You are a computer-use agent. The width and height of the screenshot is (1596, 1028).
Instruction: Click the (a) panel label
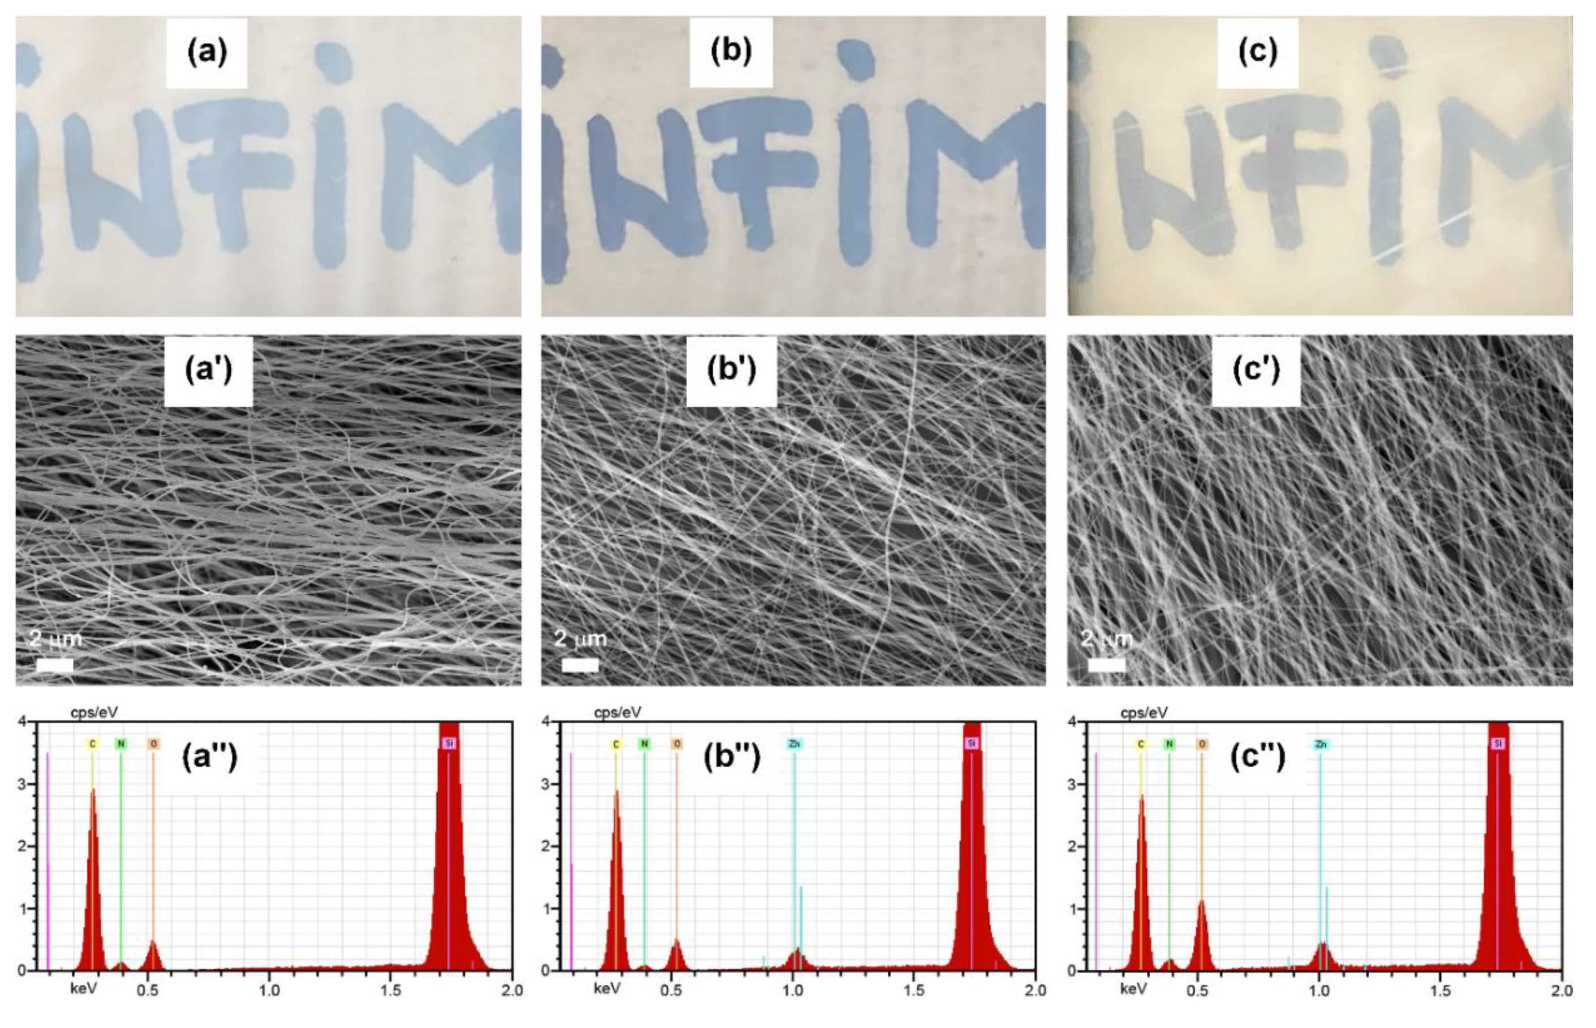click(x=207, y=52)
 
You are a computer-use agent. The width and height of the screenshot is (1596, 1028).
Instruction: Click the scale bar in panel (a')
click(x=55, y=665)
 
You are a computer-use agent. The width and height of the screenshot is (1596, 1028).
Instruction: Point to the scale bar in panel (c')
click(x=1106, y=665)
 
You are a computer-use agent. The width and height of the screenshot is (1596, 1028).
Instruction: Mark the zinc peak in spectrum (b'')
click(x=796, y=958)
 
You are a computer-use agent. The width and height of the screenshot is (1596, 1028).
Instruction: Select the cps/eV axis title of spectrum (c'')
click(x=1144, y=713)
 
